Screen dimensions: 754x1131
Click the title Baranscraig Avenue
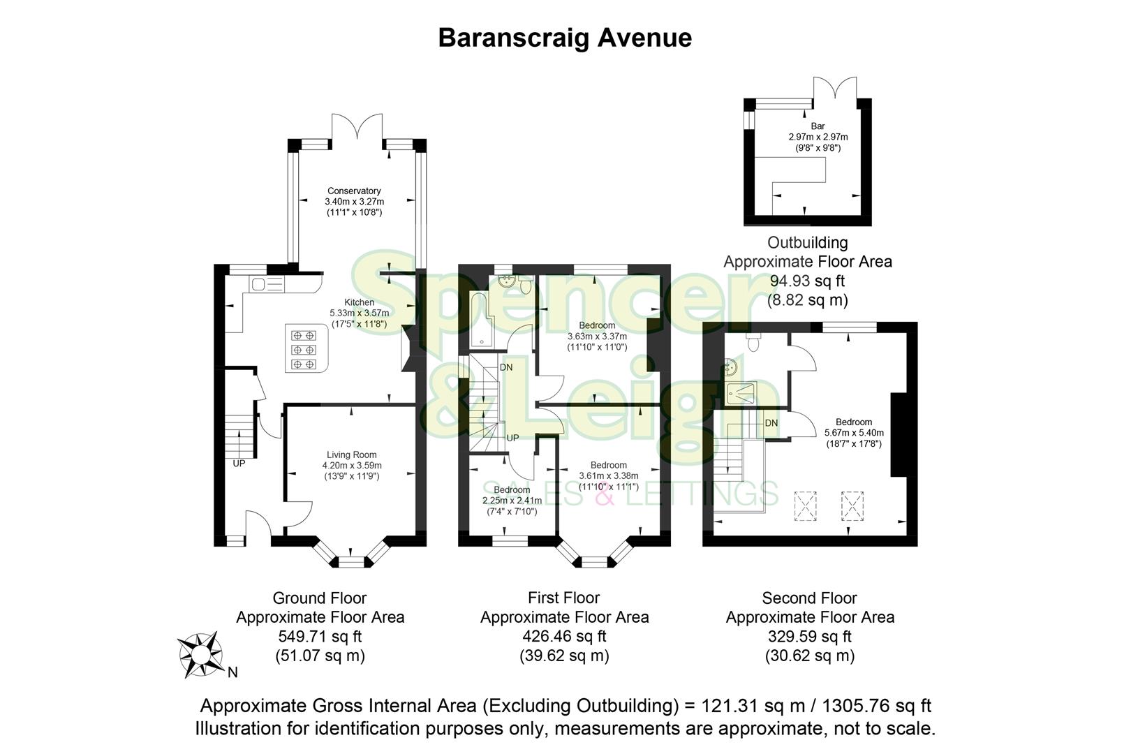564,38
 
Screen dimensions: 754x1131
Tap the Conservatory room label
354,191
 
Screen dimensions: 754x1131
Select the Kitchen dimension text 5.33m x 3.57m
359,313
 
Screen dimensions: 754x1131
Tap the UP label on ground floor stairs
239,463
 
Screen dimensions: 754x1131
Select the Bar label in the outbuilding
818,126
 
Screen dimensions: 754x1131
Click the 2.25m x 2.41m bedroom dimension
512,501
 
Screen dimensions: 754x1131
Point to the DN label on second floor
771,423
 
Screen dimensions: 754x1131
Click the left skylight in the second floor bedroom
805,505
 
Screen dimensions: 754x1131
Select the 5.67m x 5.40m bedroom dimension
853,433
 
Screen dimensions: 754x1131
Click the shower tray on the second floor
739,394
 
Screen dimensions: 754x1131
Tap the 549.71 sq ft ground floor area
319,636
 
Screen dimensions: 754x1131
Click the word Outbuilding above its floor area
807,243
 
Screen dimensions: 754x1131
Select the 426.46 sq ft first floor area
563,636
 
